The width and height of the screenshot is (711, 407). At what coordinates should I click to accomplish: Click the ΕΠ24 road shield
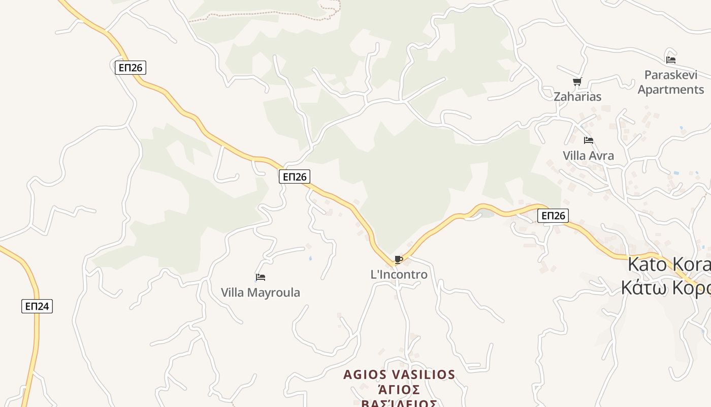pyautogui.click(x=37, y=306)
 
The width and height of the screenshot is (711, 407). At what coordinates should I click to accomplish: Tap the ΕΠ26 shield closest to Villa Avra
pyautogui.click(x=553, y=216)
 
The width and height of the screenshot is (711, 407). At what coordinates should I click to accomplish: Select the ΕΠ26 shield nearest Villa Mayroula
pyautogui.click(x=294, y=177)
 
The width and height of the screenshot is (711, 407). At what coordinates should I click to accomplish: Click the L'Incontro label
pyautogui.click(x=399, y=275)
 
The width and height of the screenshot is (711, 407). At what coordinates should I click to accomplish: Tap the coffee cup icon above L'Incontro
pyautogui.click(x=399, y=260)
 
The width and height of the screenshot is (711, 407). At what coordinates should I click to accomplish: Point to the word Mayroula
pyautogui.click(x=275, y=293)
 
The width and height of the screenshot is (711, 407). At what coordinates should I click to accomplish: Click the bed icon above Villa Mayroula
pyautogui.click(x=261, y=277)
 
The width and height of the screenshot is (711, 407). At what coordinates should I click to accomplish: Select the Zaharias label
pyautogui.click(x=577, y=97)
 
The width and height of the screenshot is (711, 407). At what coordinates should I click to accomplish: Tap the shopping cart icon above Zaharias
pyautogui.click(x=577, y=81)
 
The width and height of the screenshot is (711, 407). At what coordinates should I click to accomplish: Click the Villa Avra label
pyautogui.click(x=588, y=156)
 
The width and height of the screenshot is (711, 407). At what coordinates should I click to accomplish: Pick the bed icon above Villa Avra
pyautogui.click(x=589, y=140)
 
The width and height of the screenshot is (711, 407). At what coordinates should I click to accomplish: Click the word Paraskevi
pyautogui.click(x=670, y=75)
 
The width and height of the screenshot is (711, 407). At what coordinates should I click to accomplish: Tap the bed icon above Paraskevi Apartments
pyautogui.click(x=671, y=60)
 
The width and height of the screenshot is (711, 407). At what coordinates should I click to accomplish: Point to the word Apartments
pyautogui.click(x=670, y=90)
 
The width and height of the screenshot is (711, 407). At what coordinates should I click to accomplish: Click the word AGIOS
pyautogui.click(x=362, y=375)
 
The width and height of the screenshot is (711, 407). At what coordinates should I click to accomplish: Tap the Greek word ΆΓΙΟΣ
pyautogui.click(x=399, y=390)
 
